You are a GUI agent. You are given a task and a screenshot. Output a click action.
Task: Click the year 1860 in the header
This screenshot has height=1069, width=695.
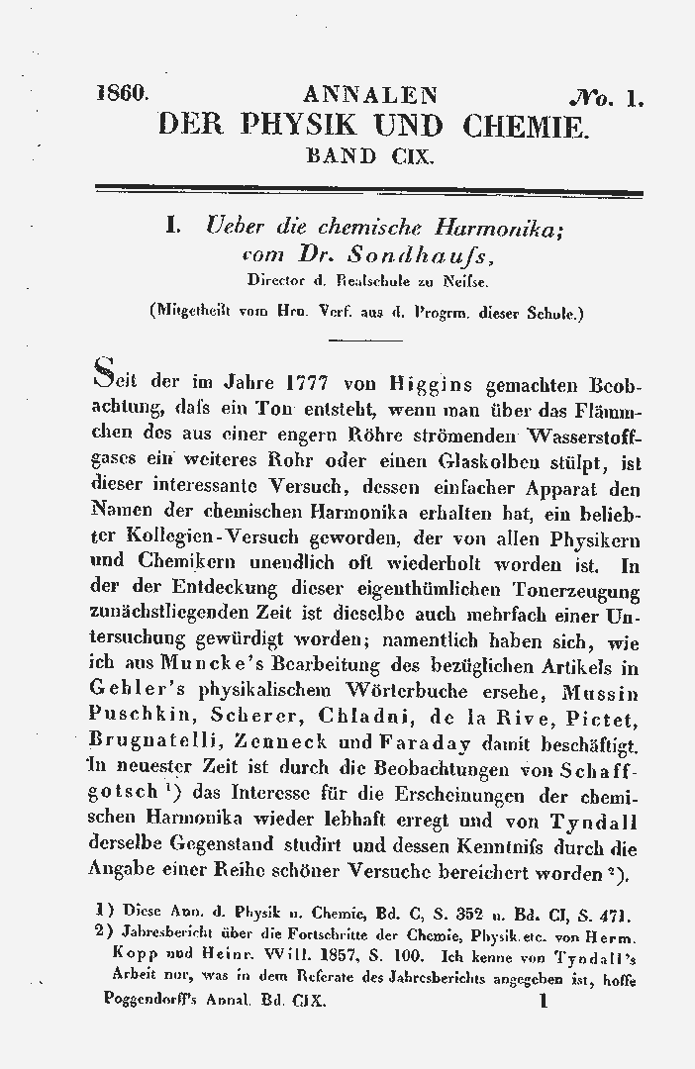click(x=124, y=96)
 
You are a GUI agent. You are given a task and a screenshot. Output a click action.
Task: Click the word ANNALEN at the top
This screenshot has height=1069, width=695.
click(x=370, y=96)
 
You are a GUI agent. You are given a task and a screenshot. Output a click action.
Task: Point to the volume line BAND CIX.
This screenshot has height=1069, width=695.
click(x=369, y=155)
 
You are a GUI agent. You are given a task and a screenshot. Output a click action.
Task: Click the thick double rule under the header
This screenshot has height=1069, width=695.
click(x=368, y=192)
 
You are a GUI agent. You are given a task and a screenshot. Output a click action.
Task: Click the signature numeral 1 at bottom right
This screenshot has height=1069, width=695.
click(x=543, y=1002)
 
